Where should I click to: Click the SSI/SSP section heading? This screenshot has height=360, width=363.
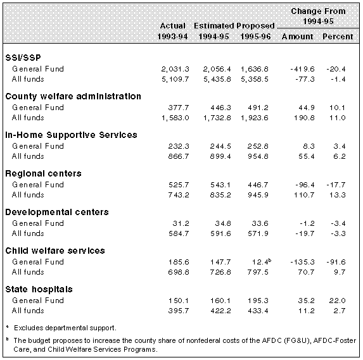coord(23,58)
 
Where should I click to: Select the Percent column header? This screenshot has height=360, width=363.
coord(338,37)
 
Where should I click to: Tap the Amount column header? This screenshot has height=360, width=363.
coord(297,37)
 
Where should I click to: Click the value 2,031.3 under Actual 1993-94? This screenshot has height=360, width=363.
coord(175,69)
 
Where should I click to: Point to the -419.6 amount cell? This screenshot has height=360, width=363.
coord(302,69)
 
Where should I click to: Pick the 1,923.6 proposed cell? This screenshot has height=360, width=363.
coord(255,118)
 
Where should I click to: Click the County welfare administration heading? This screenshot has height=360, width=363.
coord(73,96)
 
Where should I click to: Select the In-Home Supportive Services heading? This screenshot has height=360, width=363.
coord(71,135)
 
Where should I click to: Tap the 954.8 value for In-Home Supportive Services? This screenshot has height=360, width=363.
coord(258,156)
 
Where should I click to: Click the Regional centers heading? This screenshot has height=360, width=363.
coord(43,173)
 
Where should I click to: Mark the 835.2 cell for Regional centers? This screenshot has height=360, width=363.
coord(220,195)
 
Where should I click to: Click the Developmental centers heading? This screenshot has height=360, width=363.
coord(57,212)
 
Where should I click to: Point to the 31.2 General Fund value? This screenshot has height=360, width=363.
coord(181,223)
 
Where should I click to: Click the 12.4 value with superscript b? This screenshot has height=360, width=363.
coord(262,262)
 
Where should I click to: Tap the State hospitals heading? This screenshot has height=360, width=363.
coord(39,290)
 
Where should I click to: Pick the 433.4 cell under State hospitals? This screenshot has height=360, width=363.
coord(258,311)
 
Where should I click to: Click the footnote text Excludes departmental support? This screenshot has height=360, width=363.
coord(65,328)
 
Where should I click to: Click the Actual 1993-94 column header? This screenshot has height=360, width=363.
coord(172,31)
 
